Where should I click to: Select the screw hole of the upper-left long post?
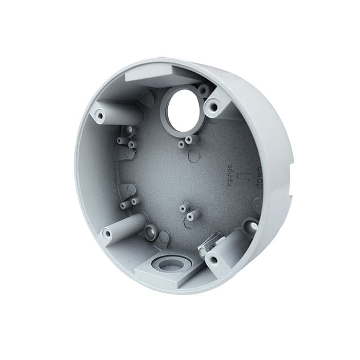99,115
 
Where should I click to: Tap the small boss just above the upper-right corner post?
204,91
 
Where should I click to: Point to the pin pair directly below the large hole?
186,141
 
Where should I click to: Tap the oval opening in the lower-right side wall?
251,225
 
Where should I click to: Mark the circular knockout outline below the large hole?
194,156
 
